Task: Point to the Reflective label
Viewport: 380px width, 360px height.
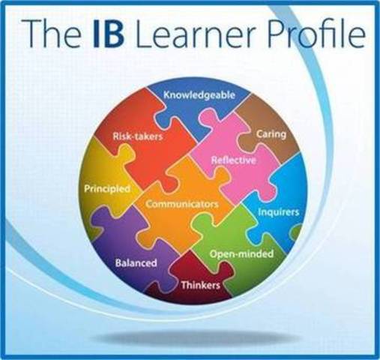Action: (x=234, y=160)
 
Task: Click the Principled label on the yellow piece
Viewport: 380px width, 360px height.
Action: (x=107, y=187)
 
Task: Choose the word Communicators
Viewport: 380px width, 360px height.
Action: (x=182, y=203)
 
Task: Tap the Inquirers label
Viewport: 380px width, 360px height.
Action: (x=279, y=212)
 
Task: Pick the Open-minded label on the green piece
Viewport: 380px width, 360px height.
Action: (x=241, y=253)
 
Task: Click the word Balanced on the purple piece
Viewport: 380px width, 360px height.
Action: (x=136, y=263)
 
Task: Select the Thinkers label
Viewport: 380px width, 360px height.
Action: (x=200, y=286)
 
